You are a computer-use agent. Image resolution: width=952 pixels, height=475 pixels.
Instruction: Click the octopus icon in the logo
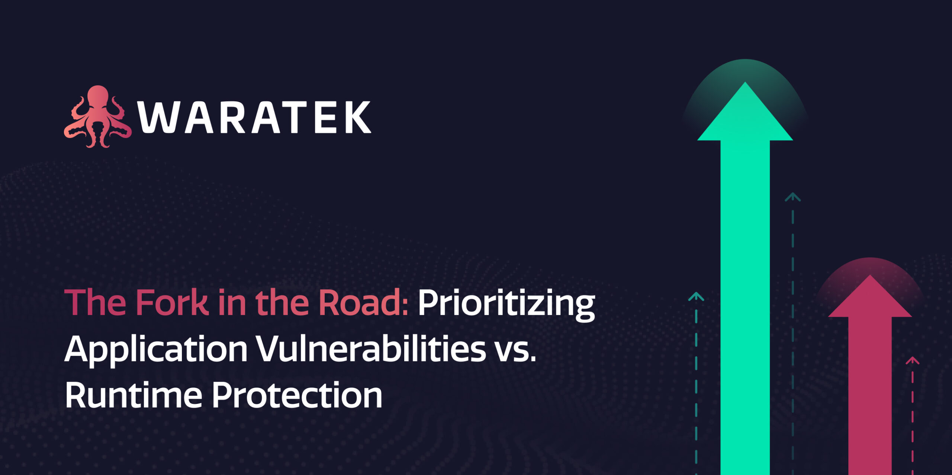click(x=97, y=116)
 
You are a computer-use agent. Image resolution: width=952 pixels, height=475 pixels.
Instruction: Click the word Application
click(x=156, y=350)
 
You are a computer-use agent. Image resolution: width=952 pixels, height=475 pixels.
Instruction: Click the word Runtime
click(x=134, y=395)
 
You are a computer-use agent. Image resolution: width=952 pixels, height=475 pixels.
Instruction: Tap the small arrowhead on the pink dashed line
click(x=912, y=360)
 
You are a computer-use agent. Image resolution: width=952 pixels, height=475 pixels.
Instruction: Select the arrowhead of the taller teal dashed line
click(x=792, y=197)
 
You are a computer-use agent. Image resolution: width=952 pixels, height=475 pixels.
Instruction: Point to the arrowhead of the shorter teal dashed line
click(x=696, y=296)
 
